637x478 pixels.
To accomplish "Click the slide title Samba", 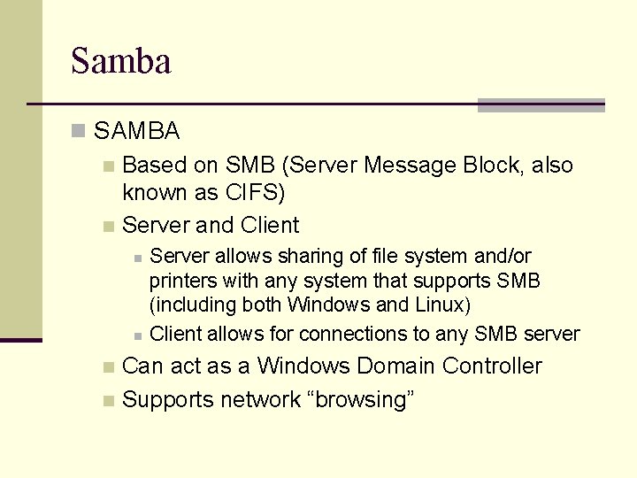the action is coord(120,61).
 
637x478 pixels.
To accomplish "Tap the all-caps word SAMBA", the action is coord(136,132).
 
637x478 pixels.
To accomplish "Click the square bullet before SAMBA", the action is coord(79,132).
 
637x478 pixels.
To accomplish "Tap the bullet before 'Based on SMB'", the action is coord(108,166).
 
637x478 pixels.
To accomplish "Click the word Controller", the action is coord(492,366).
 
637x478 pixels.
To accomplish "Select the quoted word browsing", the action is coord(360,399).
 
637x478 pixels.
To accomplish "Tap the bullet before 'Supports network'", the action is coord(108,401).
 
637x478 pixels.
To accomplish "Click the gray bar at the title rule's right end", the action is coord(541,105).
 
